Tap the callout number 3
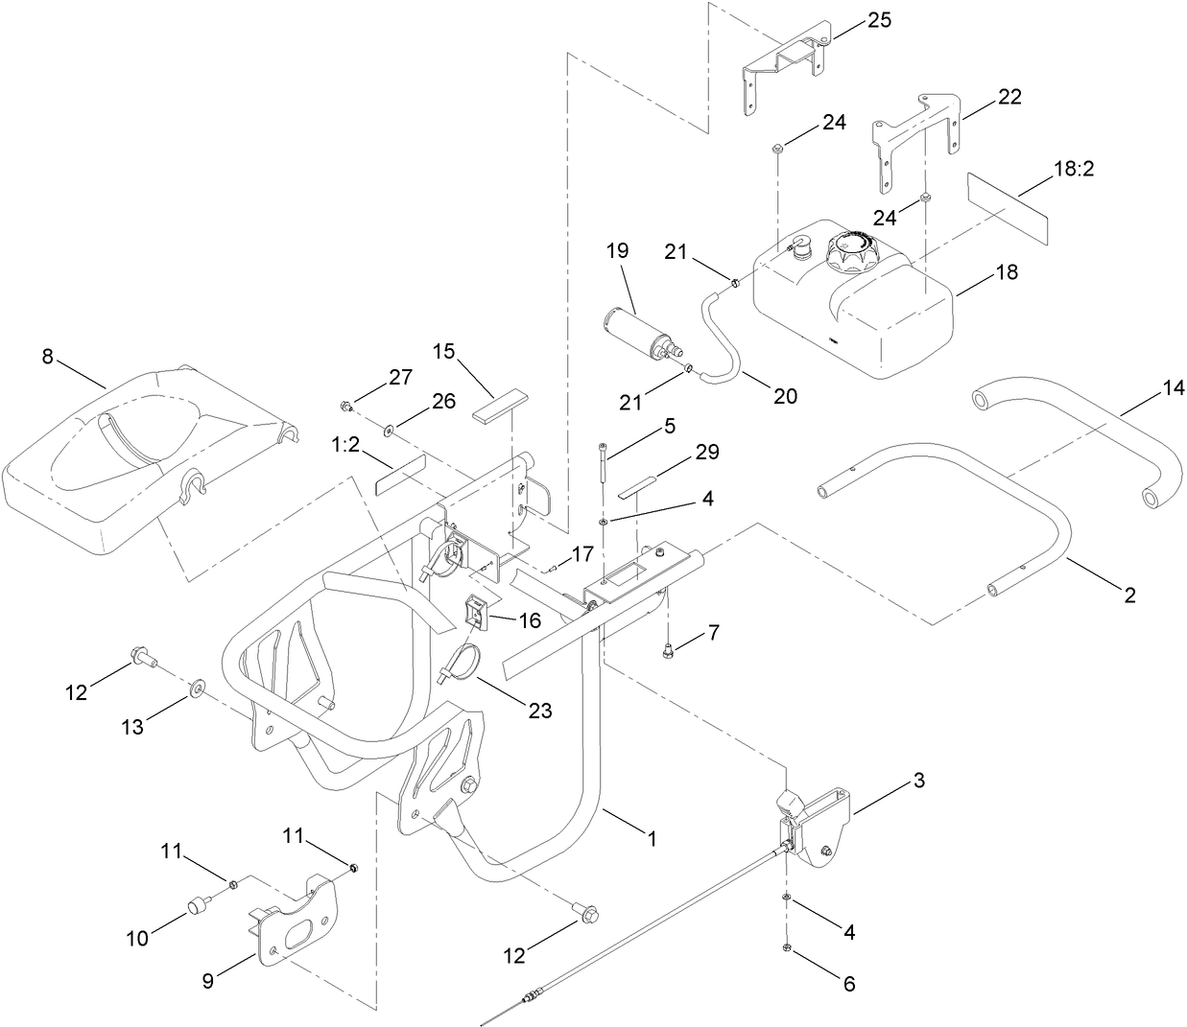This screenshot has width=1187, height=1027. coord(918,781)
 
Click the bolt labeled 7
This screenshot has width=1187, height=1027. coord(669,653)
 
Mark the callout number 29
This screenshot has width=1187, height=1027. coord(707,452)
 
